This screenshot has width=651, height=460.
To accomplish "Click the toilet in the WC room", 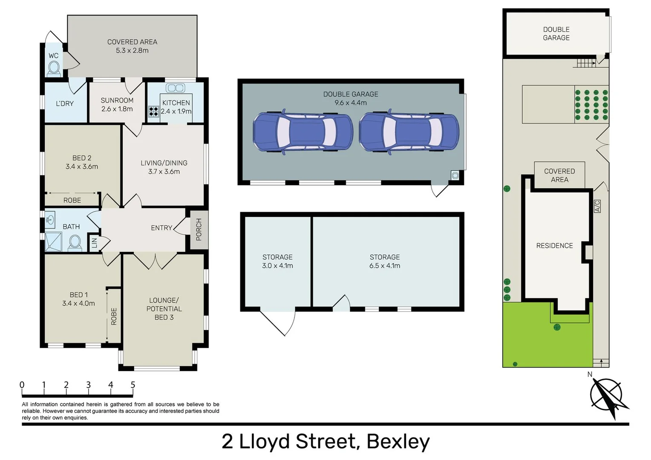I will pyautogui.click(x=54, y=68).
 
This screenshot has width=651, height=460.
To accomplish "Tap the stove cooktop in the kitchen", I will pyautogui.click(x=153, y=111).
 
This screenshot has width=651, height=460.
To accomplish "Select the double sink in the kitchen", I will pyautogui.click(x=175, y=88).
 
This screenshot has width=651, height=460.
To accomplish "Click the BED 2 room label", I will pyautogui.click(x=82, y=158).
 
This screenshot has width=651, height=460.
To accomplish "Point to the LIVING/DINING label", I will pyautogui.click(x=164, y=163).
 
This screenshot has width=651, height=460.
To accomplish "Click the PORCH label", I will pyautogui.click(x=199, y=230).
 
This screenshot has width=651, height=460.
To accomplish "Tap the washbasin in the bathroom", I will pyautogui.click(x=50, y=220).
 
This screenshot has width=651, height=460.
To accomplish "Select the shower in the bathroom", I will pyautogui.click(x=54, y=242).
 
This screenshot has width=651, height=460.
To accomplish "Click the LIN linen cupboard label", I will pyautogui.click(x=95, y=243).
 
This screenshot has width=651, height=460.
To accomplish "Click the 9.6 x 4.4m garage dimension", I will pyautogui.click(x=351, y=103).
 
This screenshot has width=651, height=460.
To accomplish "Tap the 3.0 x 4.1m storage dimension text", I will pyautogui.click(x=277, y=266).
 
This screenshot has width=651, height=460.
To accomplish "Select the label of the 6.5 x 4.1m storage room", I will pyautogui.click(x=385, y=257).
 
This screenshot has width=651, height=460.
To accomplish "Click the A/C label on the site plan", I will pyautogui.click(x=597, y=207).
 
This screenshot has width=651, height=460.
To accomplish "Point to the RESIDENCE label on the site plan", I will pyautogui.click(x=554, y=246).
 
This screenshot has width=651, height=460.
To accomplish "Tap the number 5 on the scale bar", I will pyautogui.click(x=133, y=385).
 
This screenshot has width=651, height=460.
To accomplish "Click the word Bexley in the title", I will pyautogui.click(x=398, y=441).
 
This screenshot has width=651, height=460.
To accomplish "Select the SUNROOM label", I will pyautogui.click(x=117, y=101).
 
